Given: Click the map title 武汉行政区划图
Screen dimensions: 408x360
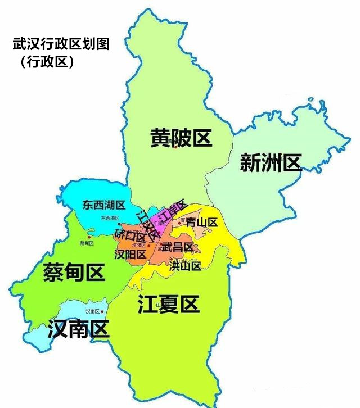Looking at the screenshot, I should coord(60,44).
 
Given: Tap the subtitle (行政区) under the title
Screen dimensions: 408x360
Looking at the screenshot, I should coord(47,62).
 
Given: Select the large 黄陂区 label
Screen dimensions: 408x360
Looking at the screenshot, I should coord(181,137).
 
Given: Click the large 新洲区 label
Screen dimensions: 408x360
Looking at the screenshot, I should coord(271,162).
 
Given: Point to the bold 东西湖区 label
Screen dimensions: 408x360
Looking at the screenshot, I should coord(103,205).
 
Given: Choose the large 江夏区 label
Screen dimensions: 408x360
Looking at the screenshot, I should coord(168,305).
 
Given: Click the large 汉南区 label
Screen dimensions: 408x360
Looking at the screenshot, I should coord(78,329).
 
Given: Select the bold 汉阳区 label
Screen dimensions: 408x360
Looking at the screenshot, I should coord(130,255).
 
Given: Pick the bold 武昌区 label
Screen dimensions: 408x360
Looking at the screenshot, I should coord(178,247).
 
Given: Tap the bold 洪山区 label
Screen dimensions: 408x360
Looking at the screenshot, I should coord(185,266).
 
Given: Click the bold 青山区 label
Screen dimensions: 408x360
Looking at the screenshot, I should coord(201,222).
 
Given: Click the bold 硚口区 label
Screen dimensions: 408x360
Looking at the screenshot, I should coord(129,234).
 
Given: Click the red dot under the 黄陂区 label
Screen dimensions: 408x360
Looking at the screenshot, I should coord(175,147).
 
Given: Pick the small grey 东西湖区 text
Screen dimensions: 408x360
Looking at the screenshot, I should coord(111,218).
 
